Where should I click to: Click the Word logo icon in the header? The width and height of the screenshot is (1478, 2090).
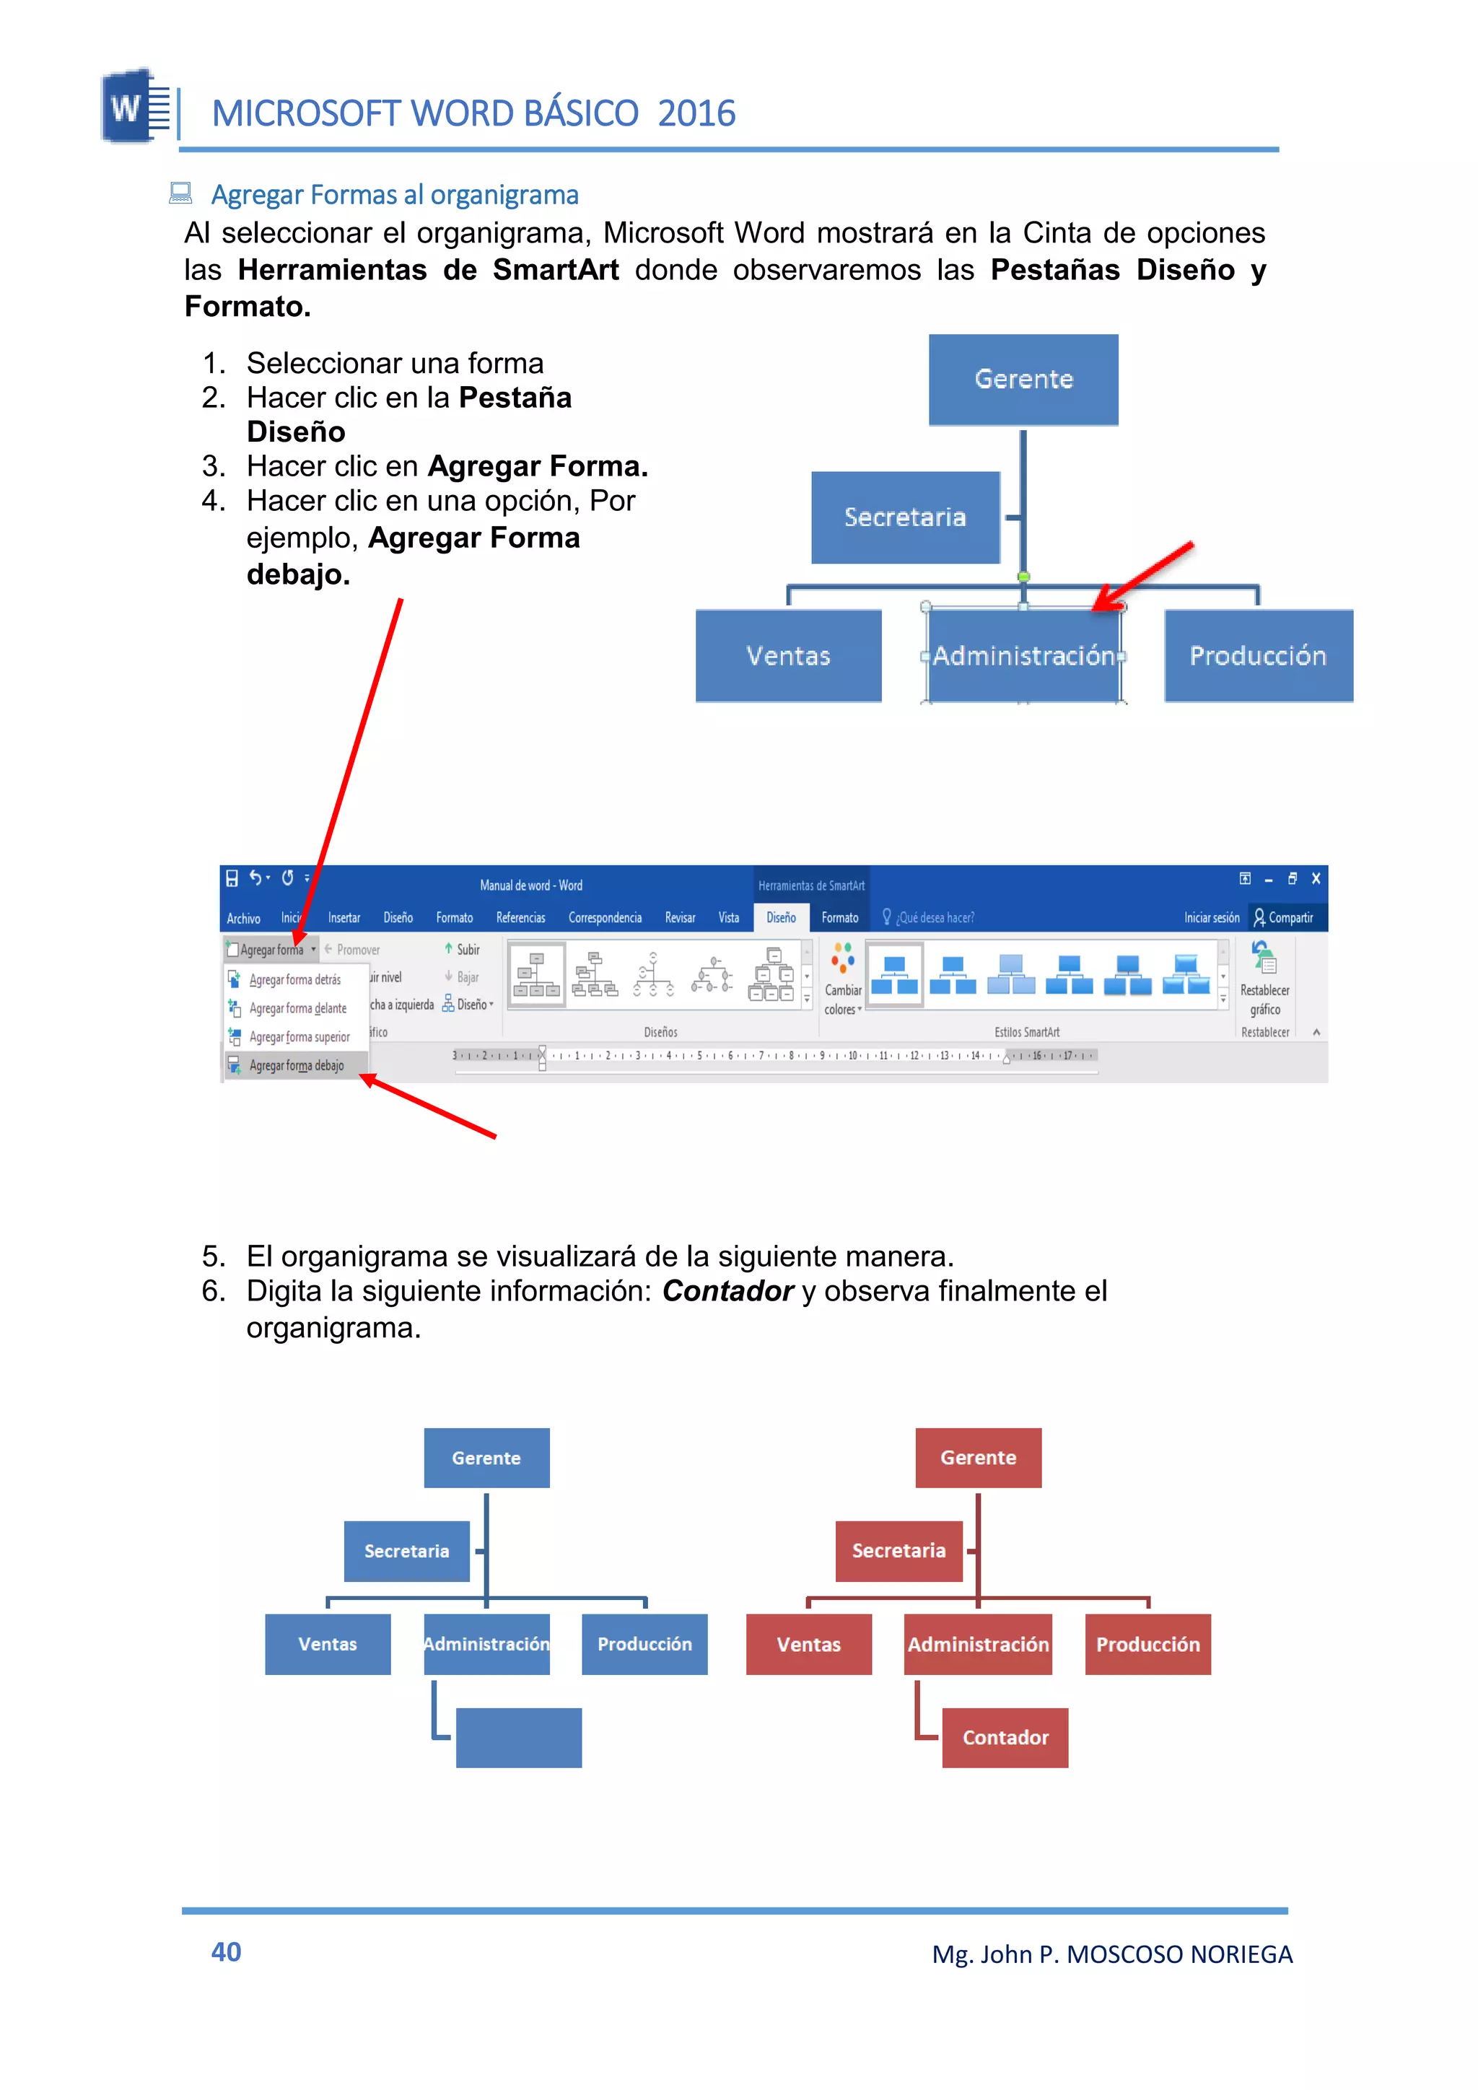(x=135, y=107)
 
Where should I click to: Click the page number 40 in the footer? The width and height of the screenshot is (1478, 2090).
(x=226, y=1951)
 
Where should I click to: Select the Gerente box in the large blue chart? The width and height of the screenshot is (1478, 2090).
(x=1023, y=380)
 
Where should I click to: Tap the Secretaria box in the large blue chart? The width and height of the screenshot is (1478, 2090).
(x=905, y=517)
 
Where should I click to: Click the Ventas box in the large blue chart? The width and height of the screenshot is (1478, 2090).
(x=788, y=655)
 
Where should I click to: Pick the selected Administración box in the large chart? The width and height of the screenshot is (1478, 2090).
(x=1023, y=655)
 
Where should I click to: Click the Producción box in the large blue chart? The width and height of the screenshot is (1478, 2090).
(x=1258, y=655)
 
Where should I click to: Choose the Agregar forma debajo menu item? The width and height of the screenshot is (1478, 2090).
(x=296, y=1065)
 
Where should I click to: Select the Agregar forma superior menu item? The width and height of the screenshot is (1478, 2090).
(x=299, y=1037)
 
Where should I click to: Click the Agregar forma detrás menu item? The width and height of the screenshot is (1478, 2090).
(x=295, y=979)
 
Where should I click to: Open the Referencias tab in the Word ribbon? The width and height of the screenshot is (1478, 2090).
(x=520, y=917)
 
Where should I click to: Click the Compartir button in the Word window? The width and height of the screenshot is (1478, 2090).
(x=1283, y=917)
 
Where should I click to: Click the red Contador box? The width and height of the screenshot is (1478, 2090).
(x=1005, y=1737)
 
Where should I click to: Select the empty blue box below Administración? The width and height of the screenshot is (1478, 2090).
(x=518, y=1737)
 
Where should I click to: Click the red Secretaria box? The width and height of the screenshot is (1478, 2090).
(x=898, y=1550)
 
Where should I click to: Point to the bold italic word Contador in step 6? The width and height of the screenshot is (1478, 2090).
(x=727, y=1291)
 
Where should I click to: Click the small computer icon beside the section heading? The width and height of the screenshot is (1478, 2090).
(x=180, y=193)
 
